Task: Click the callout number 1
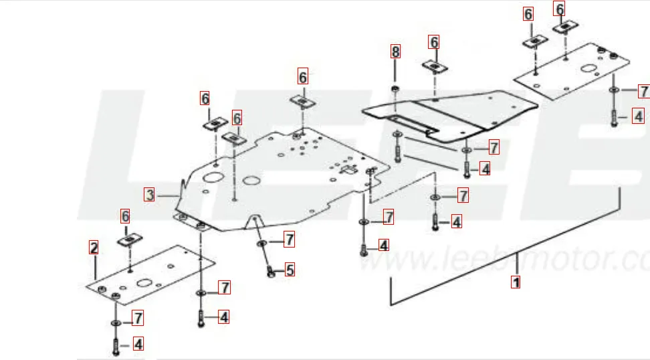click(516, 282)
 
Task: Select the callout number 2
click(94, 248)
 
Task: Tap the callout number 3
click(150, 195)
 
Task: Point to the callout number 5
click(290, 270)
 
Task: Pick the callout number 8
click(395, 51)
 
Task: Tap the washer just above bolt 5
click(261, 243)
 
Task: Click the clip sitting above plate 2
click(127, 239)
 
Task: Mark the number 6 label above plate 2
click(125, 216)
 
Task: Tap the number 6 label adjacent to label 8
click(434, 42)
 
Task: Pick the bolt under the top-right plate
click(613, 117)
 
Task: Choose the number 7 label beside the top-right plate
click(643, 91)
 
